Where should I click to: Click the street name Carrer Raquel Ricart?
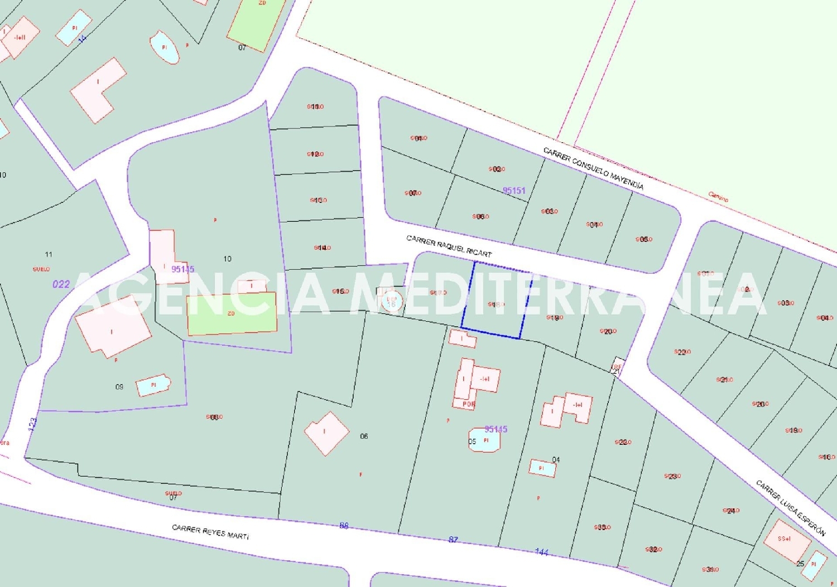(x=449, y=246)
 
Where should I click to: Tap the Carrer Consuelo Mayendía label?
(x=593, y=168)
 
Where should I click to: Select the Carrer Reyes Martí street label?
(x=210, y=531)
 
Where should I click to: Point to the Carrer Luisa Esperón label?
(x=790, y=507)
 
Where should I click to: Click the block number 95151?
(x=514, y=191)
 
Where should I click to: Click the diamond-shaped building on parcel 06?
(x=326, y=433)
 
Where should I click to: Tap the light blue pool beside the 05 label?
(x=485, y=440)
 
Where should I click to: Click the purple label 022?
(x=61, y=284)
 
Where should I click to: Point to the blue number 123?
(x=33, y=424)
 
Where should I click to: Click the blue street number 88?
(x=344, y=525)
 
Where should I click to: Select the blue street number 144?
(x=541, y=552)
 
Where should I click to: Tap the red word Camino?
(x=718, y=196)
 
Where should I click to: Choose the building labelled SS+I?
(x=786, y=540)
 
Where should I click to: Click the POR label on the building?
(x=469, y=404)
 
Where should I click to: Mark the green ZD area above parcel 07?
(x=256, y=23)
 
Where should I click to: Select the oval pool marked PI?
(x=165, y=47)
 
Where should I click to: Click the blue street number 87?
(x=453, y=540)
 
